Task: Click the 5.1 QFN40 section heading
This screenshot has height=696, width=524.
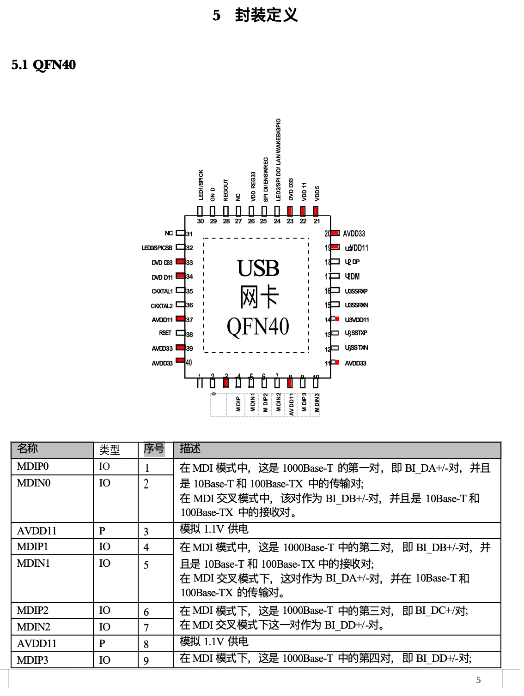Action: click(x=43, y=65)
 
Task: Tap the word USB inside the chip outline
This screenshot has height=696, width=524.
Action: click(x=258, y=268)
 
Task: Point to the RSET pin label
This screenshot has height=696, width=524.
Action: click(x=165, y=333)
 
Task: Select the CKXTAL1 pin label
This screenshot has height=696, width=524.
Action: click(x=162, y=291)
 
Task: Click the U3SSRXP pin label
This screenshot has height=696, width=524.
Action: click(x=356, y=291)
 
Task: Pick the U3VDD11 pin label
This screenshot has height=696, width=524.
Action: click(x=357, y=320)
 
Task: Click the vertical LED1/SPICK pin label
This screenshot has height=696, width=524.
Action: click(x=201, y=185)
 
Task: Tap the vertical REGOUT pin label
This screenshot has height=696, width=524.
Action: click(x=226, y=190)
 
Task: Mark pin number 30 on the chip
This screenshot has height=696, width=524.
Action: click(x=200, y=222)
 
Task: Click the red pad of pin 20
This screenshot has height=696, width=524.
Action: click(x=335, y=233)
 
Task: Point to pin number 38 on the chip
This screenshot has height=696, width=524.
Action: click(x=189, y=334)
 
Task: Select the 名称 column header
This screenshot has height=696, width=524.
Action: click(x=27, y=449)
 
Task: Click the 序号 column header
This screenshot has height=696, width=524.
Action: click(x=154, y=449)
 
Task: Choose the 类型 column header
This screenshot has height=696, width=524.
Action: click(x=110, y=450)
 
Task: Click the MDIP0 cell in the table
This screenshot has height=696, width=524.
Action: click(x=32, y=467)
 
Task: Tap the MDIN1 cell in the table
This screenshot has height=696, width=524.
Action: click(x=33, y=563)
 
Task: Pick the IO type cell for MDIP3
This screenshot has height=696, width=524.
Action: click(x=104, y=660)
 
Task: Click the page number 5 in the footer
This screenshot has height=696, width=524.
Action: click(x=479, y=680)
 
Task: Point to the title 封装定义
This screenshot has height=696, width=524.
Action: click(x=266, y=15)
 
